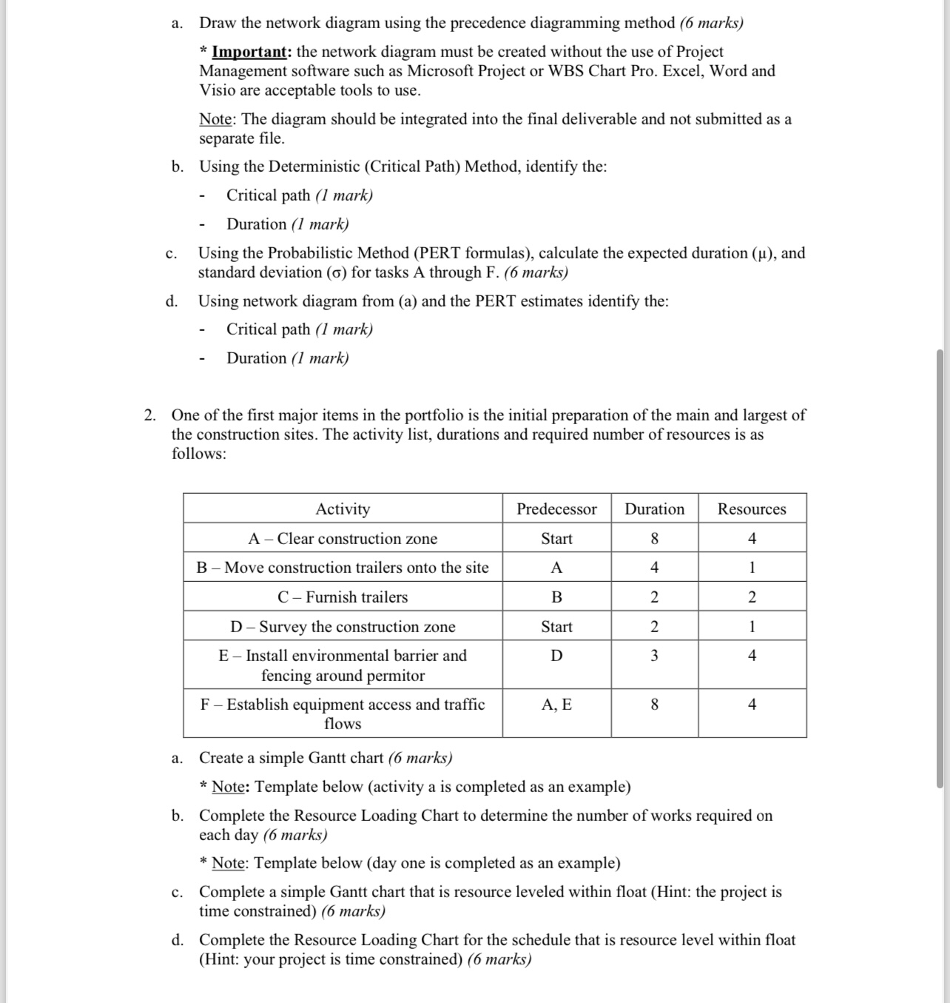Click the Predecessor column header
click(556, 509)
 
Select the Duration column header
click(654, 509)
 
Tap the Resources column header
click(752, 509)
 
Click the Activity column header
click(343, 509)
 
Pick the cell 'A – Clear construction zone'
click(343, 539)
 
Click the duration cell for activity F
click(654, 705)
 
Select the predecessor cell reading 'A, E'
click(556, 705)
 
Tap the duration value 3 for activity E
click(654, 656)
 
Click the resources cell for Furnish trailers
click(752, 597)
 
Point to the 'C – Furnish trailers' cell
click(343, 597)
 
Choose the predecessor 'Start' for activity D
click(556, 627)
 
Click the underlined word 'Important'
click(249, 52)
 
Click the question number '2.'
click(150, 415)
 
